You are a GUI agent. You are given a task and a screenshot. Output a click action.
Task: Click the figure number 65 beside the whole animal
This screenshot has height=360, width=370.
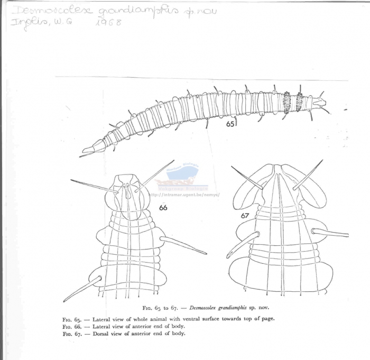(230, 124)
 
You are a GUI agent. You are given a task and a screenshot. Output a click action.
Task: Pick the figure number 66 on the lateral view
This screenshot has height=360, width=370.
(163, 208)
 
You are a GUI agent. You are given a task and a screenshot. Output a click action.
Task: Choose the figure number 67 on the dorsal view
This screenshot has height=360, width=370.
(245, 215)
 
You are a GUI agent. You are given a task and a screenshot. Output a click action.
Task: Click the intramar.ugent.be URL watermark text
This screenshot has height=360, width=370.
(184, 194)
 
